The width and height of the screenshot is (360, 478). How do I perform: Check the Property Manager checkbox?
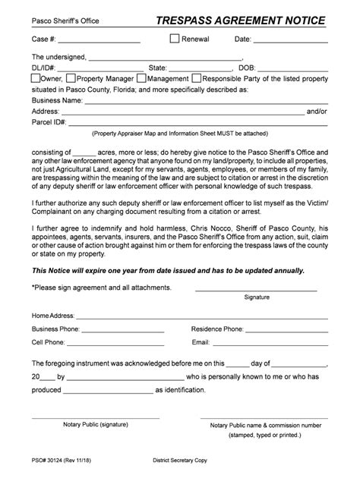(71, 78)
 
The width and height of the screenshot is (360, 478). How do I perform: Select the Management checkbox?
(141, 78)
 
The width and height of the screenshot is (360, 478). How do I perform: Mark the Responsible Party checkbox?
(196, 78)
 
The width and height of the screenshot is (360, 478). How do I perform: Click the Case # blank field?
(99, 39)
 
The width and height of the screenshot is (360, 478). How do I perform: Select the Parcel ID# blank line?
(197, 123)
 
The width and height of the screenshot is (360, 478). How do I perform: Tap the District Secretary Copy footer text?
(185, 460)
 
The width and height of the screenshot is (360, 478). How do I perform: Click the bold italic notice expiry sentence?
(168, 269)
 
